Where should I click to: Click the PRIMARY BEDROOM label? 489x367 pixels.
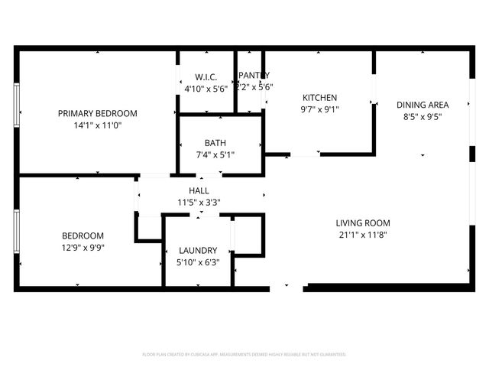click(x=97, y=113)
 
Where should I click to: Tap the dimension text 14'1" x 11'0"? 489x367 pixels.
click(x=97, y=125)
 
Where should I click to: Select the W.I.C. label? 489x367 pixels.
click(x=206, y=77)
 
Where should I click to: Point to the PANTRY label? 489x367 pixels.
click(x=254, y=75)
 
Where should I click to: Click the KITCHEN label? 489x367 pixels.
click(x=320, y=98)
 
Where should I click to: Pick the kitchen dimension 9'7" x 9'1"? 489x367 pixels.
click(x=320, y=109)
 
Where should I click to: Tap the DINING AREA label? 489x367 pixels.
click(x=422, y=105)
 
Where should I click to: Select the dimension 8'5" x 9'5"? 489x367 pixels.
click(x=422, y=117)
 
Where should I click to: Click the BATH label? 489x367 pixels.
click(x=215, y=143)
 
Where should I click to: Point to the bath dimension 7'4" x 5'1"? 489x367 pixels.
click(x=215, y=154)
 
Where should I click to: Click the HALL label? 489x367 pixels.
click(x=199, y=190)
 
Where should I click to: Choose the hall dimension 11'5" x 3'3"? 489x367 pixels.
click(x=199, y=203)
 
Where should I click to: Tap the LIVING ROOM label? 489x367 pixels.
click(x=362, y=223)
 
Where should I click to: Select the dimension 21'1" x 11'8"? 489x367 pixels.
click(x=362, y=235)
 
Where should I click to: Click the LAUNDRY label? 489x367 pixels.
click(x=198, y=250)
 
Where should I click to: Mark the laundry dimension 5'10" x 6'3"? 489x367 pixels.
click(x=198, y=262)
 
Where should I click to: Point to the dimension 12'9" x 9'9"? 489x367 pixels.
click(x=83, y=248)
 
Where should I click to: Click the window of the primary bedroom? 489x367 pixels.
click(x=16, y=102)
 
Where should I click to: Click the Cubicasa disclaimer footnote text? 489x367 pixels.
click(x=244, y=355)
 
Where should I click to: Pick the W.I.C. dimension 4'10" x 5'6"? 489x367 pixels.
click(x=206, y=89)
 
